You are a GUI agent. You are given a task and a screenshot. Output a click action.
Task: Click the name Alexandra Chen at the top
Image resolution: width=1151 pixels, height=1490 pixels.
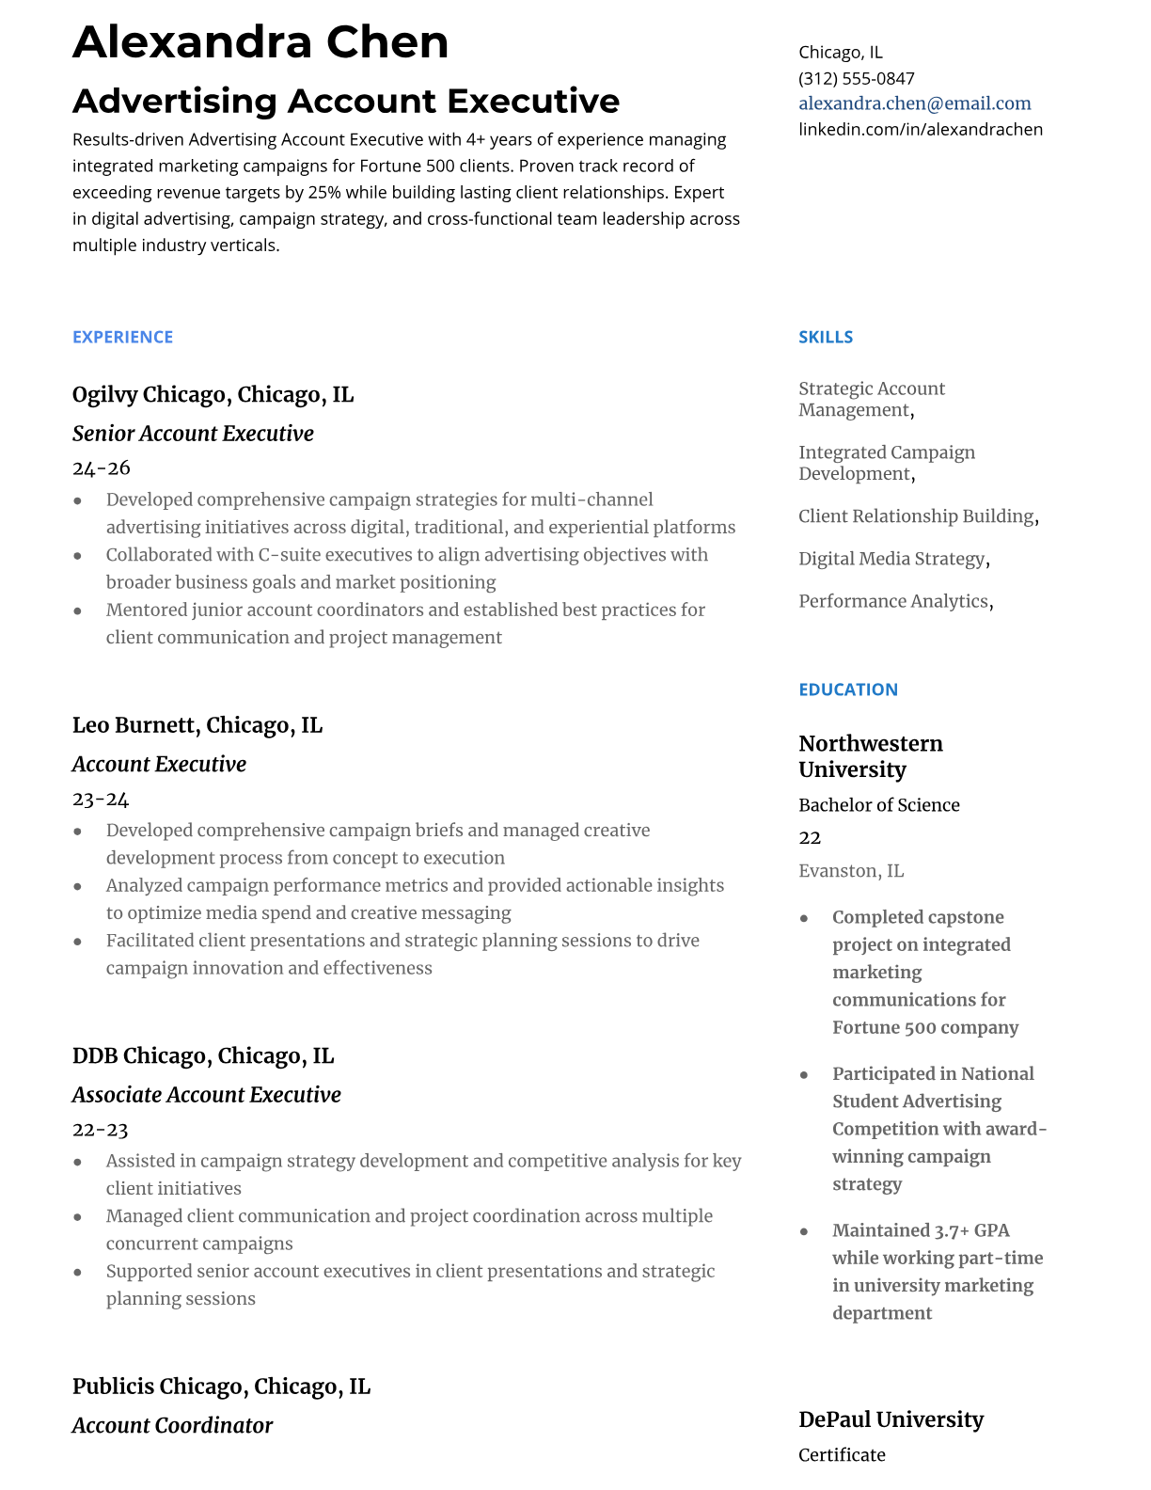260,42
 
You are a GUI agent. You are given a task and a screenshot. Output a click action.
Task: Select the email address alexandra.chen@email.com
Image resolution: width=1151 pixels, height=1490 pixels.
914,103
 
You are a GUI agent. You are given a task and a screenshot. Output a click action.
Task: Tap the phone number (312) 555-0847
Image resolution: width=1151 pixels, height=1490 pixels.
856,78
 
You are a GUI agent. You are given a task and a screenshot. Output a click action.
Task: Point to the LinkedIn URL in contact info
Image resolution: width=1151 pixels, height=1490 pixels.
920,129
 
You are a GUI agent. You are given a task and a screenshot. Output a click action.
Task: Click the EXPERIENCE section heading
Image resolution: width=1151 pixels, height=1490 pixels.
122,337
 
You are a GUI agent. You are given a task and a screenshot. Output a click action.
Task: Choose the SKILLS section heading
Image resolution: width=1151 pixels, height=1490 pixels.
825,337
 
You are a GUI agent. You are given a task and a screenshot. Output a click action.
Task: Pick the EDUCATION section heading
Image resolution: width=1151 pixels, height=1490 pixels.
847,690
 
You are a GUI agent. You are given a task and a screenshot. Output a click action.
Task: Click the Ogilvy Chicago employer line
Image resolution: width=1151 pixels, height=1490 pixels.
213,394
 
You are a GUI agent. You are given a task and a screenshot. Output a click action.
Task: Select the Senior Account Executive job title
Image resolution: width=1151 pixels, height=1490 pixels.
193,434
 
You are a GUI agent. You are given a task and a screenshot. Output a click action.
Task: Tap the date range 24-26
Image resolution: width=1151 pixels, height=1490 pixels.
101,468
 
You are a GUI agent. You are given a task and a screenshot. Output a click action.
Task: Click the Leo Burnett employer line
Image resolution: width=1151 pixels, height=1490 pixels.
197,725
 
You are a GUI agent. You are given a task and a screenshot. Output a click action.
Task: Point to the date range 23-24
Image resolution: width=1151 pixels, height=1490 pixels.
100,799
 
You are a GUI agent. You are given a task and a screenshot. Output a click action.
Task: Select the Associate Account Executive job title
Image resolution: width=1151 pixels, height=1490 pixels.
206,1095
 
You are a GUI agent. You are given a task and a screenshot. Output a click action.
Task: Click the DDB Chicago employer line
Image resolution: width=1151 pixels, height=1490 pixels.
202,1055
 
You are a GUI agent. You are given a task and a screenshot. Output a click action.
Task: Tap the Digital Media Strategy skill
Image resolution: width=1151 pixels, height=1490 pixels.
893,559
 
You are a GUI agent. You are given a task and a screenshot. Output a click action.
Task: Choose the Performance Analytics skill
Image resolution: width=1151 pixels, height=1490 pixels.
895,601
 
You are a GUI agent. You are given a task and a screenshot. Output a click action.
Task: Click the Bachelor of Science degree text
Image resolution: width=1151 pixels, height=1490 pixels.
878,805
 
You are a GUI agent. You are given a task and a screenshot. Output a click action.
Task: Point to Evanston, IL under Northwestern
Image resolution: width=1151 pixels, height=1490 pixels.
850,871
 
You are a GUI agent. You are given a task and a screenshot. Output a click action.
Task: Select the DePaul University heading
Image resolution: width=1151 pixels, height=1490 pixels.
890,1419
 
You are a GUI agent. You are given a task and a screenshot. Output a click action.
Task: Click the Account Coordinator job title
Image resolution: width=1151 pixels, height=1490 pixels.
172,1425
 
